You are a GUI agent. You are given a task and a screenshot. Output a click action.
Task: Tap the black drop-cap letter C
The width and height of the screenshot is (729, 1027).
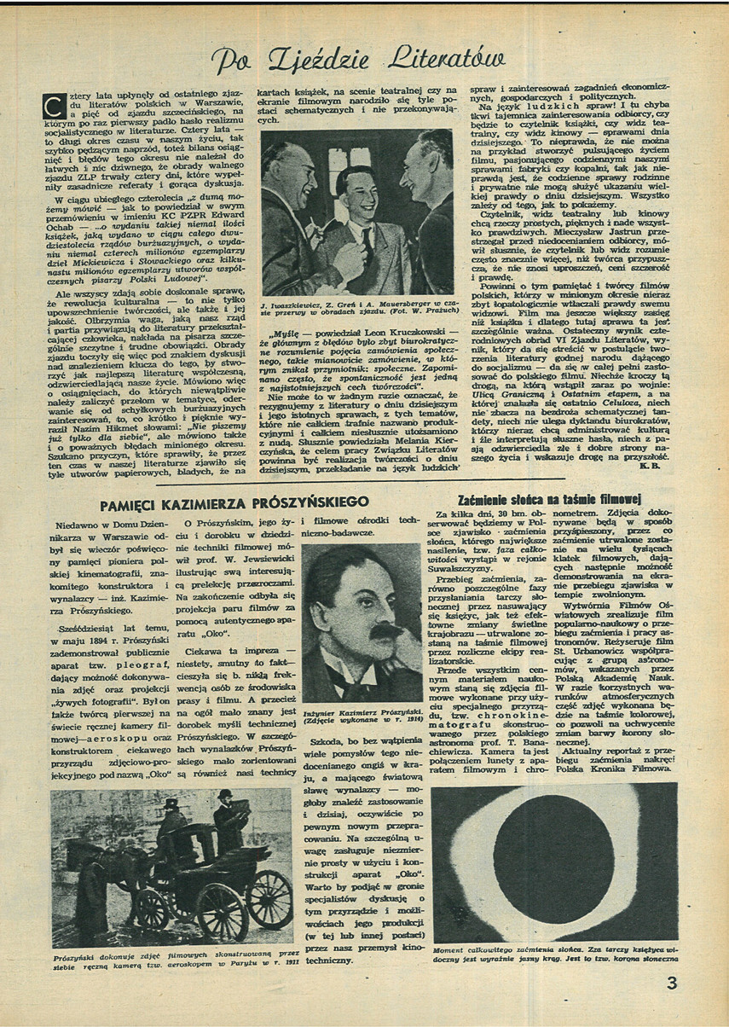(54, 107)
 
